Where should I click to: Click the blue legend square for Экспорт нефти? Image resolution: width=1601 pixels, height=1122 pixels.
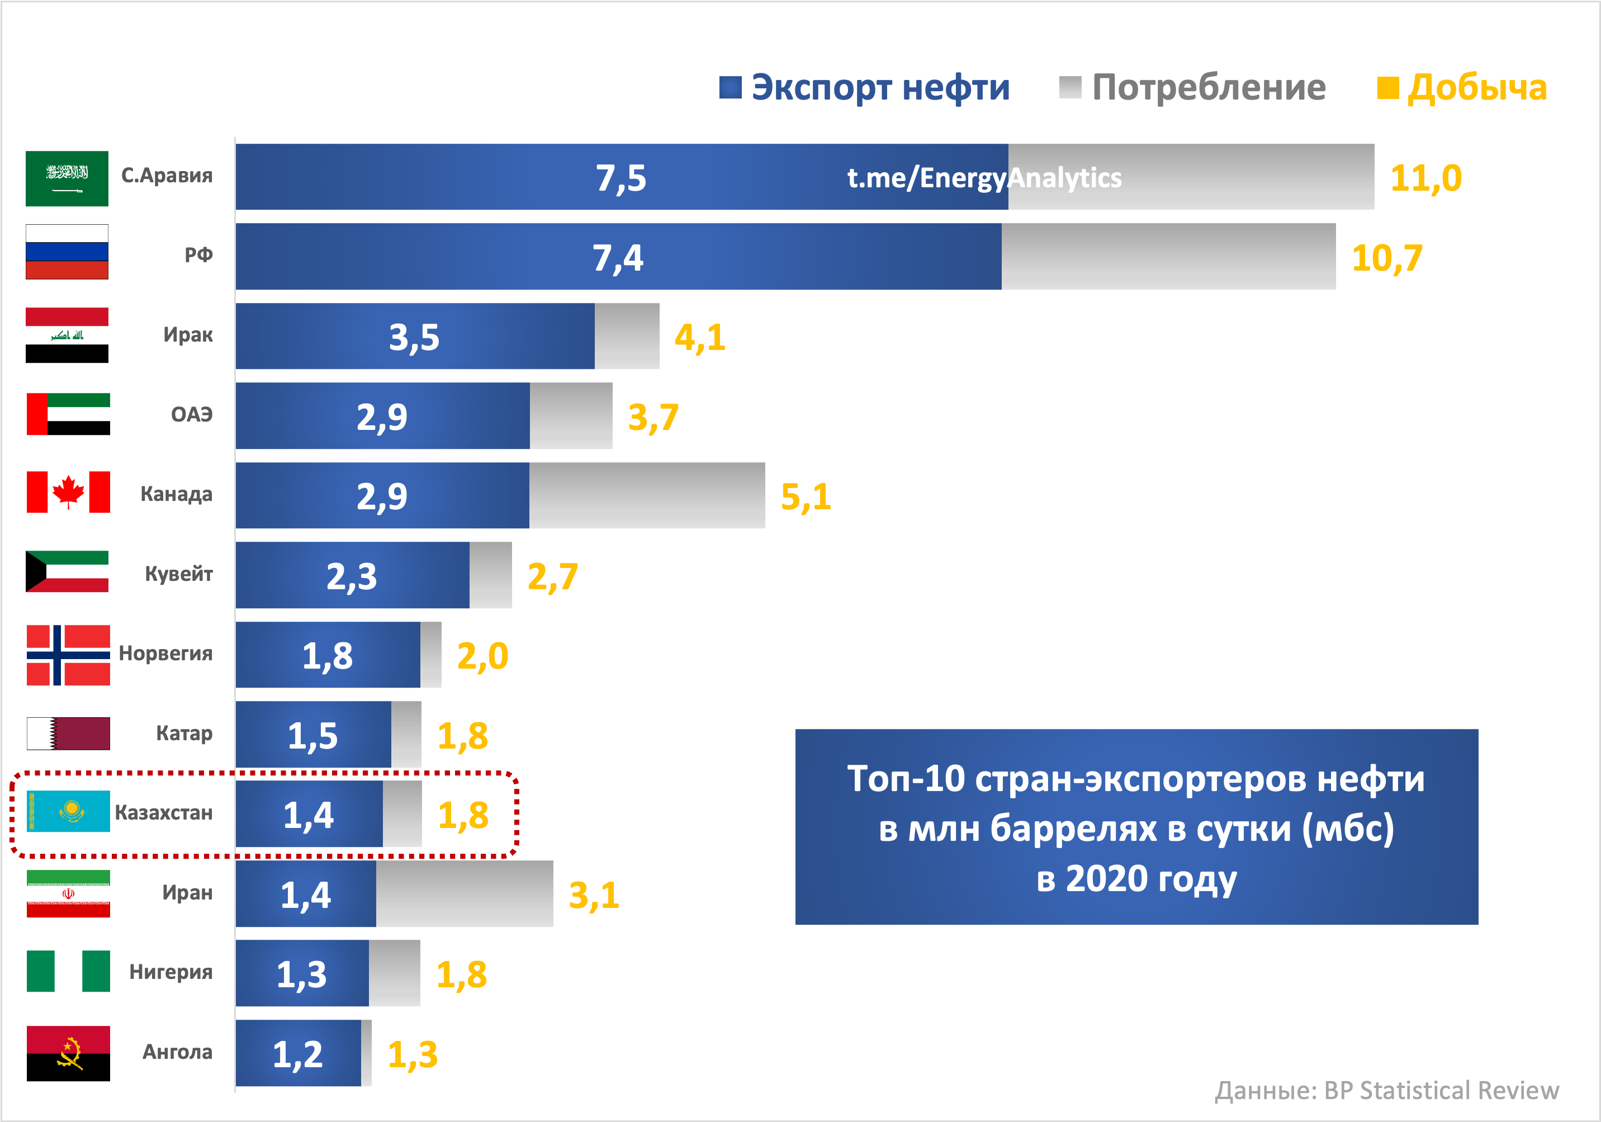point(730,88)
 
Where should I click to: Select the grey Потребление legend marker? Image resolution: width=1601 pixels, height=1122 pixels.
point(1069,88)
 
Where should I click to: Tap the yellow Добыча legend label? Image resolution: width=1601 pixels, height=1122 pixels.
point(1476,88)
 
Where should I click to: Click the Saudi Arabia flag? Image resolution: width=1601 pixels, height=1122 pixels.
point(67,178)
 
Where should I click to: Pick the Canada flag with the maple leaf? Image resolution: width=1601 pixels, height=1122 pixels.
point(68,493)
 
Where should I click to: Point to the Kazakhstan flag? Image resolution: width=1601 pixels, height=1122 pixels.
point(68,811)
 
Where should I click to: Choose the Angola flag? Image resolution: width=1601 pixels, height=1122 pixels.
point(68,1053)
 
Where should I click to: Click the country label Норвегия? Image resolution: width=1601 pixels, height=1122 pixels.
point(165,654)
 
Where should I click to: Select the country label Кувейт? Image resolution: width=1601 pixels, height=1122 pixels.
point(178,574)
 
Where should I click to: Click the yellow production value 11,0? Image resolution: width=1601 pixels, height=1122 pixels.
point(1425,178)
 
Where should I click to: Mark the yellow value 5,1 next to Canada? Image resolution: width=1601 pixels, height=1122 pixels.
point(806,497)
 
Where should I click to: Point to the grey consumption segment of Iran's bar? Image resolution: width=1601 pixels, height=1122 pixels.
point(465,893)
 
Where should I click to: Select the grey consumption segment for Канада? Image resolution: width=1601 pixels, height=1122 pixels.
point(646,495)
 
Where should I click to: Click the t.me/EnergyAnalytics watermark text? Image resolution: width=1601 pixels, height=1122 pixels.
point(984,178)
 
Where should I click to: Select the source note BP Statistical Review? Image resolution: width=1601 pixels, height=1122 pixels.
point(1441,1091)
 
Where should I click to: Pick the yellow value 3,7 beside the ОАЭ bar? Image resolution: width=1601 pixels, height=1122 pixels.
point(653,417)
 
